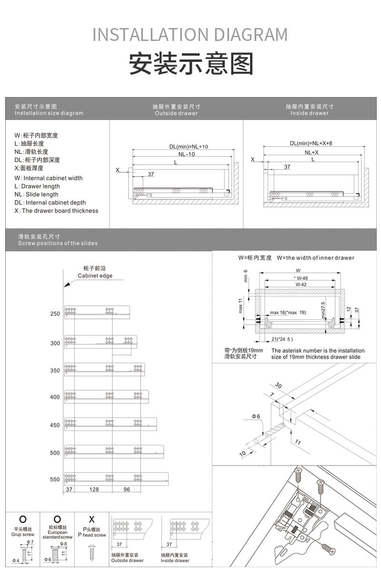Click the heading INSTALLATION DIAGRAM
(190, 35)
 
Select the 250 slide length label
(55, 314)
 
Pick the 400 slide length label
(55, 397)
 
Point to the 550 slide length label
(55, 480)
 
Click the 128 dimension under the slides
(94, 490)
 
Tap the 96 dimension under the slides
(127, 490)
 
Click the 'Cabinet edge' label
(95, 276)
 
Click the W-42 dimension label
(301, 284)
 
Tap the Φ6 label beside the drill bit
(256, 416)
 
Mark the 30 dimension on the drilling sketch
(279, 385)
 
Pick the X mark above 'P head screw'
(92, 519)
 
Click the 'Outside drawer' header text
(176, 113)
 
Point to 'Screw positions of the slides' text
(58, 243)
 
